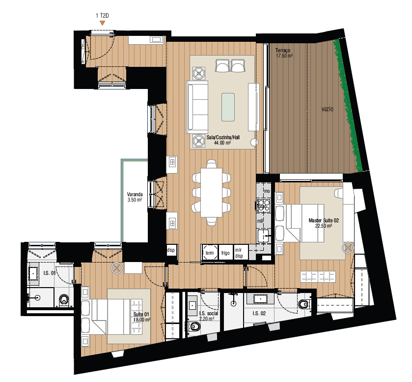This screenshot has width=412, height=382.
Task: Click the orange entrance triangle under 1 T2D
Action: coord(102,23)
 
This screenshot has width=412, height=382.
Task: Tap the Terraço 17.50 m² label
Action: coord(284,53)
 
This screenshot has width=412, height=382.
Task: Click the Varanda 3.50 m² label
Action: coord(134,197)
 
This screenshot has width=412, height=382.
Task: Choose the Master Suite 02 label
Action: coord(324,223)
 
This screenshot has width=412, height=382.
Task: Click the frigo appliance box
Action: coord(225,253)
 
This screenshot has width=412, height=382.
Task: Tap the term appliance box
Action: coord(210,253)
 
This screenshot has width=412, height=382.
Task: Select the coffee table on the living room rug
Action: coord(228,107)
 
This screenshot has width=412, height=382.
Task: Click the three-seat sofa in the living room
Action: coord(197,107)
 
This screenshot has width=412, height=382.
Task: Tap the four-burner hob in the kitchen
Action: coord(264,205)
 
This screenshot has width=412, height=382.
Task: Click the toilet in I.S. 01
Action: coord(63,299)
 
